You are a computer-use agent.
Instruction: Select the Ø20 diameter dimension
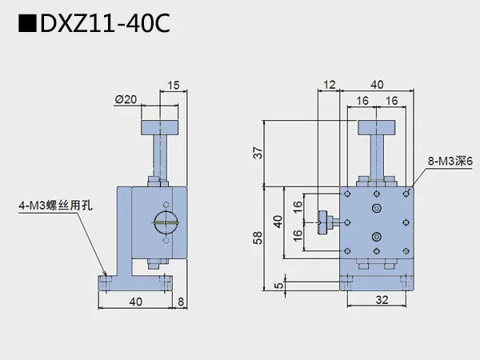pos(126,99)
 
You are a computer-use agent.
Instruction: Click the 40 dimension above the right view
pos(376,84)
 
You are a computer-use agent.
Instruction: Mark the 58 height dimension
pos(257,238)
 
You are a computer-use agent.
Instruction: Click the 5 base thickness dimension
pos(277,284)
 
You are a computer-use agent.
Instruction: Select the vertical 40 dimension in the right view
pos(278,221)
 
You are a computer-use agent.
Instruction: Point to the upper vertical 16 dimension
pos(297,206)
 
